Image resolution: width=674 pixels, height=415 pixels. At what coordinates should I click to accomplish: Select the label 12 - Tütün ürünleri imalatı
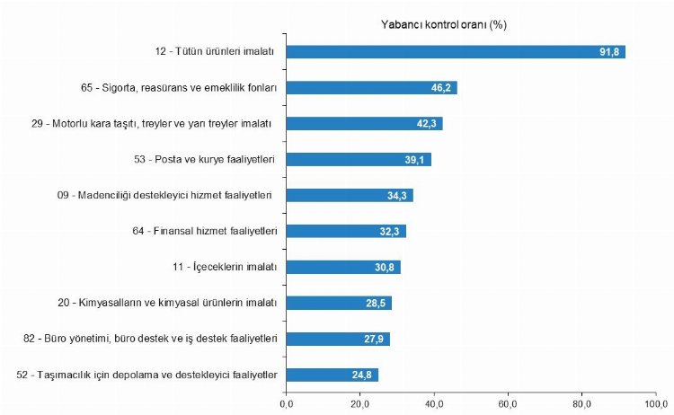click(x=220, y=52)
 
